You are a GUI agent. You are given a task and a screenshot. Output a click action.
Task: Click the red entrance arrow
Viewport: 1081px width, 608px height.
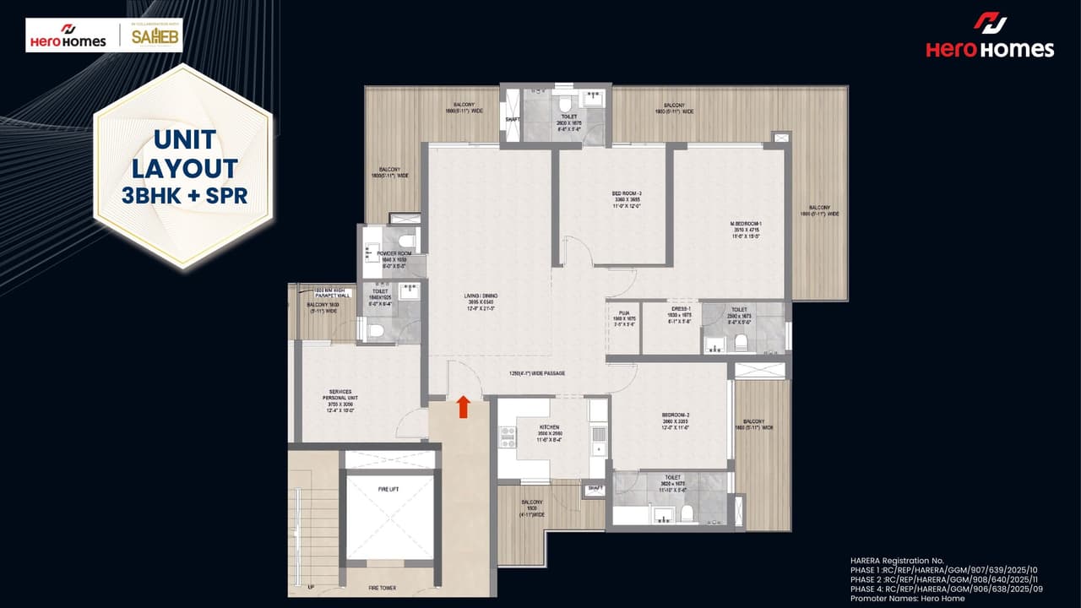coord(463,407)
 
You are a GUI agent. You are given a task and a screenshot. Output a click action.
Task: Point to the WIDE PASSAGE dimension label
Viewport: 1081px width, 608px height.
coord(536,373)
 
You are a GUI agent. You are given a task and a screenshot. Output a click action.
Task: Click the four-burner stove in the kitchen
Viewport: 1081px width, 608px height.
coord(508,437)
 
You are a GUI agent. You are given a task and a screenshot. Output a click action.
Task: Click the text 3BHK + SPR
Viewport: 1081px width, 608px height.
coord(184,195)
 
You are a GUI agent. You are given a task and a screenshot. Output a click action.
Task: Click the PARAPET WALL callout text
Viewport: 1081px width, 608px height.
coord(331,293)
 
